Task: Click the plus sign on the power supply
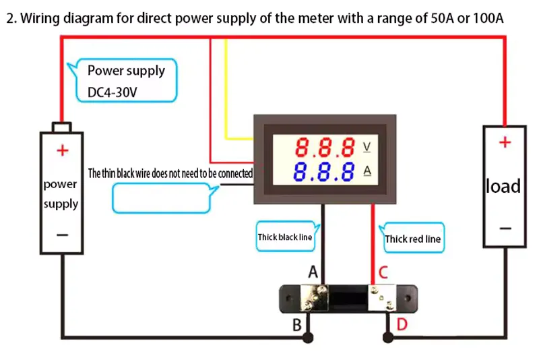[63, 150]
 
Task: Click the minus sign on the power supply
[63, 235]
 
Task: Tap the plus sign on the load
[505, 142]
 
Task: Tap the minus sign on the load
[505, 229]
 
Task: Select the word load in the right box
[503, 186]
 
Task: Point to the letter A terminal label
[313, 272]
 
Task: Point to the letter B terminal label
[297, 324]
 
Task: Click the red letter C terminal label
[383, 272]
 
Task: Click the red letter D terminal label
[402, 324]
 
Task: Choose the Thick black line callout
[285, 237]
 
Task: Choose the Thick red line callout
[412, 238]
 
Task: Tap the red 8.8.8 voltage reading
[325, 147]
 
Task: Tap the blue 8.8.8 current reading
[324, 172]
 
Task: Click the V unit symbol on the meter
[367, 147]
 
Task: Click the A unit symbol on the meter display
[367, 171]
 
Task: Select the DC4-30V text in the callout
[112, 92]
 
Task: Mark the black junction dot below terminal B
[308, 338]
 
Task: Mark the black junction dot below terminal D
[388, 338]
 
